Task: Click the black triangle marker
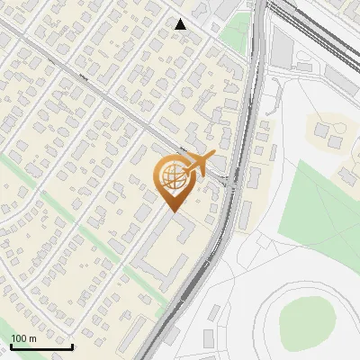181,24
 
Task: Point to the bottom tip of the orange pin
172,211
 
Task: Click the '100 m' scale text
23,338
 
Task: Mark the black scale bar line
41,346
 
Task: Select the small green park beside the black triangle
234,31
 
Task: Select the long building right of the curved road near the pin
244,212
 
